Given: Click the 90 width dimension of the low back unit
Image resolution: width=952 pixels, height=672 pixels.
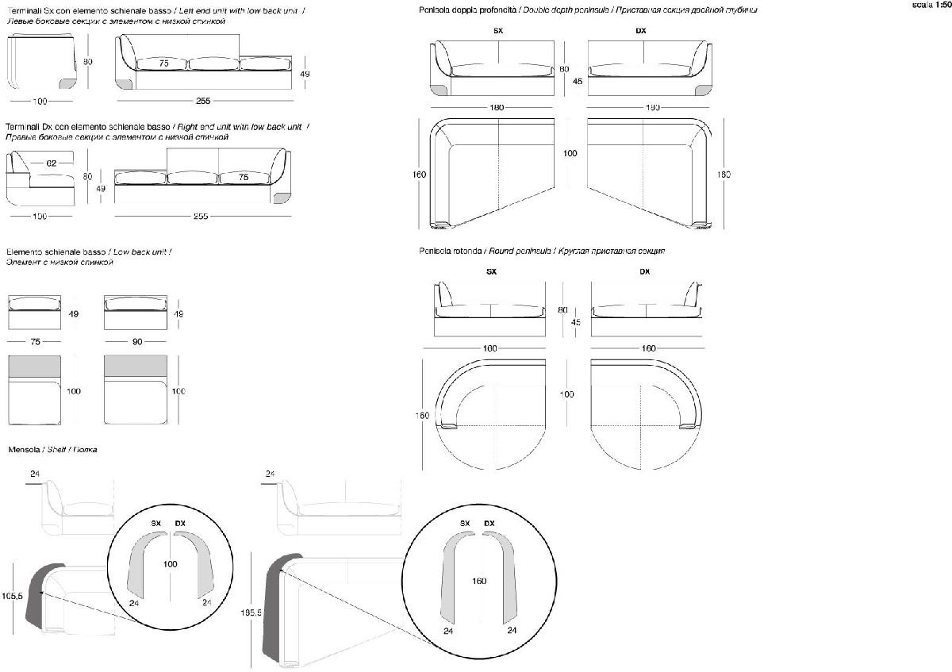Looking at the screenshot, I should click(x=136, y=343).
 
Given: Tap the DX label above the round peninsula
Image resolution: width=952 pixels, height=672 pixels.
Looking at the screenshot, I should click(x=644, y=271).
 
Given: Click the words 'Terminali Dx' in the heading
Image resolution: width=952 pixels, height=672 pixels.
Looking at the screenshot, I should click(x=26, y=127).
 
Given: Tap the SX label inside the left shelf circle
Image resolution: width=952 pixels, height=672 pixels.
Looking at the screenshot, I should click(x=156, y=524).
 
